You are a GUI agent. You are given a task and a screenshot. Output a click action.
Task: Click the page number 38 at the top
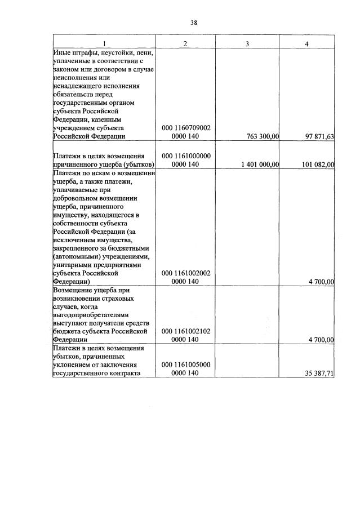pos(193,23)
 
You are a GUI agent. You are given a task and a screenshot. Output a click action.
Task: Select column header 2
pos(185,44)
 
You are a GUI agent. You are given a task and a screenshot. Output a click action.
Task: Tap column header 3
pos(247,44)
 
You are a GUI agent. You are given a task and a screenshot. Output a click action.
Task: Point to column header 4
pos(306,44)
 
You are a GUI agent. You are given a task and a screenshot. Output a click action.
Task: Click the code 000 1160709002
pos(186,128)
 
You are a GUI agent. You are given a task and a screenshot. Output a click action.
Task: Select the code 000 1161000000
pos(186,155)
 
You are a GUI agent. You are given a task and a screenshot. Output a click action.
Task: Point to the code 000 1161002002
pos(186,273)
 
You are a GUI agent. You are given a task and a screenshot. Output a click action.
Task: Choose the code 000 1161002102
pos(186,331)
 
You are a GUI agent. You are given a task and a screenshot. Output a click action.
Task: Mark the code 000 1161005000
pos(186,364)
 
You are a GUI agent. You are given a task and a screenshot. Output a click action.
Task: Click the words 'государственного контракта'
pos(95,373)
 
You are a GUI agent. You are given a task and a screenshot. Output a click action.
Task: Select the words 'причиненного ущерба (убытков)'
pos(103,164)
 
